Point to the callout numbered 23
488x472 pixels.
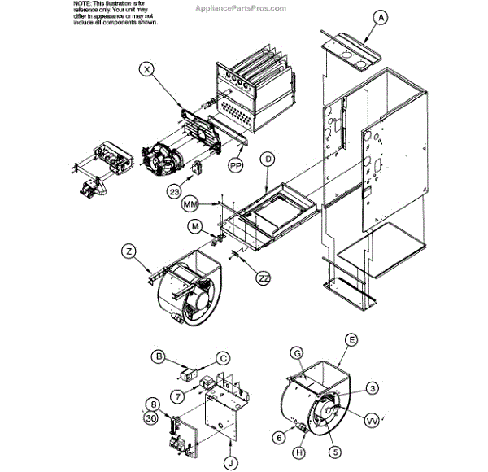(175, 192)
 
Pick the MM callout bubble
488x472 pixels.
(191, 201)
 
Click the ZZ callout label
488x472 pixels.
(264, 278)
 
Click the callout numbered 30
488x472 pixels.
(151, 417)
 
